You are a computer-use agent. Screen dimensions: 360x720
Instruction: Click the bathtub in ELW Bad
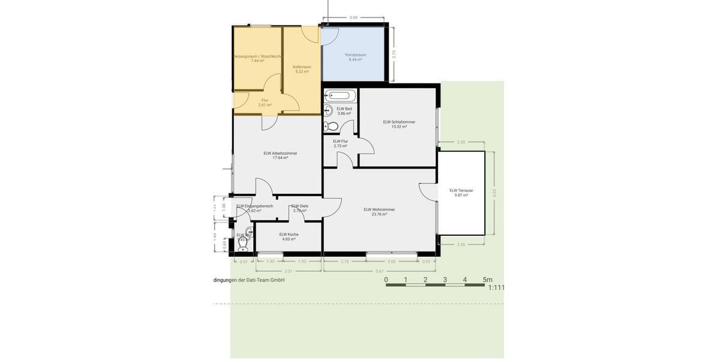click(x=340, y=95)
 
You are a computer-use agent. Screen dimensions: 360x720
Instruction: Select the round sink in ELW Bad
click(x=328, y=110)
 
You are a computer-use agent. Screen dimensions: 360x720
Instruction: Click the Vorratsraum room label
click(x=355, y=57)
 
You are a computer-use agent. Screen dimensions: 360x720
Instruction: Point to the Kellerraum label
click(x=302, y=69)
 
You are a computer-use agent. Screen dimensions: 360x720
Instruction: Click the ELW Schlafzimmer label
click(x=399, y=124)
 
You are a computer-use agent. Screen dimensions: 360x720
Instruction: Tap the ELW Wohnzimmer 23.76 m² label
click(x=379, y=211)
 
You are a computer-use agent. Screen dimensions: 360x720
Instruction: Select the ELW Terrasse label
click(x=461, y=193)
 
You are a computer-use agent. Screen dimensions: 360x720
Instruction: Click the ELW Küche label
click(x=289, y=236)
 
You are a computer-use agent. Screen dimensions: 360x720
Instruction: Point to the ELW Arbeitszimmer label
click(x=280, y=155)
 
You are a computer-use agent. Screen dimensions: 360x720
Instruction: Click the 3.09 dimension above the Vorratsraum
click(x=353, y=18)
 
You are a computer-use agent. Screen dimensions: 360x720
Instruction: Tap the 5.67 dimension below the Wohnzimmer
click(x=379, y=271)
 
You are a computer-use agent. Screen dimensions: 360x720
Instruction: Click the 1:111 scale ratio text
click(x=496, y=288)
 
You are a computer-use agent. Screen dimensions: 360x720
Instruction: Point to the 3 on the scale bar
click(x=445, y=280)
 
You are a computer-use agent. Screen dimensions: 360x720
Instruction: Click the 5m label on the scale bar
click(x=487, y=280)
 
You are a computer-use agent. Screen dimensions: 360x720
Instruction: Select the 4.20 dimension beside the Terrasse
click(x=494, y=193)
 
